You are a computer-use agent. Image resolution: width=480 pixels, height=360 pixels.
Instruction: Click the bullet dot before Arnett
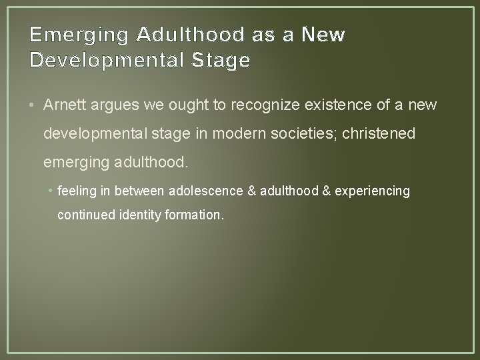tap(35, 105)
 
